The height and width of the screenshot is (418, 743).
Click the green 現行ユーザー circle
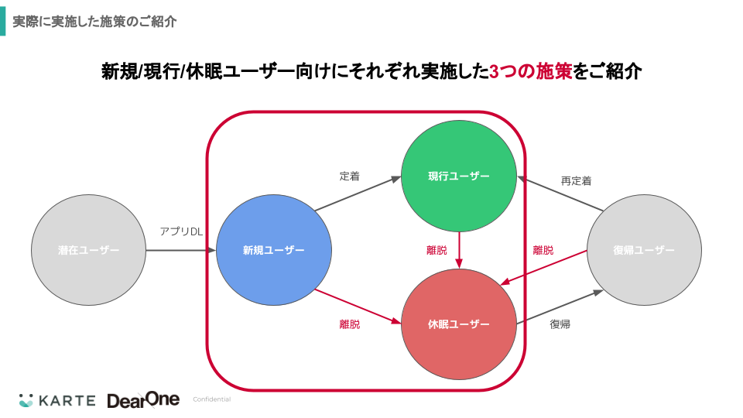click(459, 176)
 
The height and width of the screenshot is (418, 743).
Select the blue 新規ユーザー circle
click(274, 250)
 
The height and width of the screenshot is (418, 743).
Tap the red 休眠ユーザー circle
click(459, 324)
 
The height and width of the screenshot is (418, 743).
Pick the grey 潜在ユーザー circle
click(88, 250)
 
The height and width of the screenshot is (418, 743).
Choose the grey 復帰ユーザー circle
click(644, 250)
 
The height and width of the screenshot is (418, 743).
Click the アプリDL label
click(181, 231)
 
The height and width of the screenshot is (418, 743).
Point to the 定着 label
click(350, 176)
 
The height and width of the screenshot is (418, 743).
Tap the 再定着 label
click(576, 181)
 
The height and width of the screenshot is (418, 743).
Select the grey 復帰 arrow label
click(560, 324)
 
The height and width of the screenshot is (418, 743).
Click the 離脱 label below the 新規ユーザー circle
click(350, 324)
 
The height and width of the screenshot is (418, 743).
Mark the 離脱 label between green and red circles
click(437, 250)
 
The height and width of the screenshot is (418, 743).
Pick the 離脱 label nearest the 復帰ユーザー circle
click(543, 250)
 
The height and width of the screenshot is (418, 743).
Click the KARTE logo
click(58, 400)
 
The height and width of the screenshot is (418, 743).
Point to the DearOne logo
click(143, 400)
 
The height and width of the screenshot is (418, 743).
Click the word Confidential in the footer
click(211, 400)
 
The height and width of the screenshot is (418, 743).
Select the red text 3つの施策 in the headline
click(531, 72)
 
